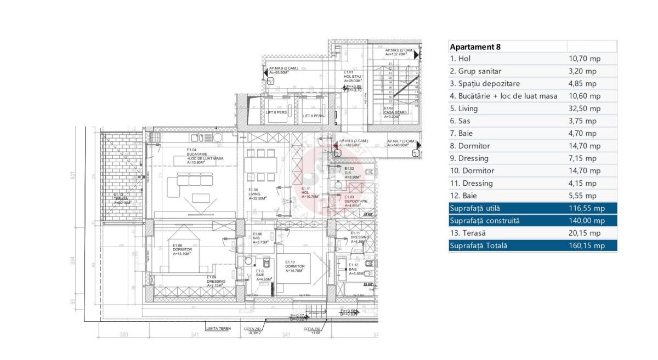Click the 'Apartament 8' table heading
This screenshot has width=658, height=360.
pos(475,47)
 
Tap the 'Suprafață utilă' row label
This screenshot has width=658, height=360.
pos(475,208)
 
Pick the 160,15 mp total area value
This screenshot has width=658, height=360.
pos(587,245)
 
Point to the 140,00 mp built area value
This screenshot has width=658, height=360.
pos(587,220)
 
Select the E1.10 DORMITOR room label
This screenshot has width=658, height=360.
pos(295,266)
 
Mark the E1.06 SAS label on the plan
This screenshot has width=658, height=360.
pos(259,238)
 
